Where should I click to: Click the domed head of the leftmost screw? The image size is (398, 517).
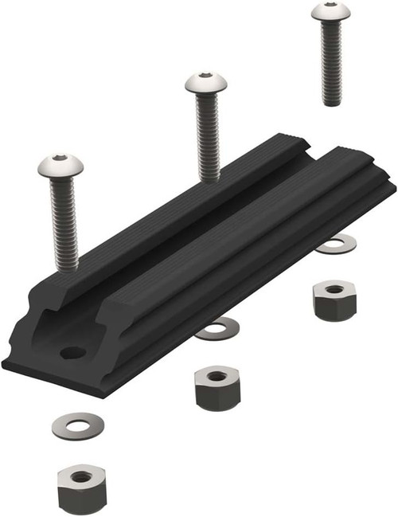pyautogui.click(x=60, y=167)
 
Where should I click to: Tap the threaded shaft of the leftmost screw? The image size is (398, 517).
pyautogui.click(x=64, y=223)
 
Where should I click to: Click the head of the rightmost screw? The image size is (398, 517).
pyautogui.click(x=330, y=11)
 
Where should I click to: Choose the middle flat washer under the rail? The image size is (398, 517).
pyautogui.click(x=217, y=328)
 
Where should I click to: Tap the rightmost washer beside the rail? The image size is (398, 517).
pyautogui.click(x=336, y=244)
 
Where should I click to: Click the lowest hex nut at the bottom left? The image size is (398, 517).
pyautogui.click(x=81, y=488)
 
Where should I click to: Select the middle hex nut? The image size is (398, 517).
pyautogui.click(x=217, y=387)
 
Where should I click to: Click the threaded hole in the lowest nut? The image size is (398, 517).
pyautogui.click(x=81, y=476)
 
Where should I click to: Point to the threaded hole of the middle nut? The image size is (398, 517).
pyautogui.click(x=217, y=375)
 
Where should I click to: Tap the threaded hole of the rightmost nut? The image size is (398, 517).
pyautogui.click(x=334, y=288)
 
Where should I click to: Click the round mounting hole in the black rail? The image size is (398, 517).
pyautogui.click(x=72, y=351)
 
